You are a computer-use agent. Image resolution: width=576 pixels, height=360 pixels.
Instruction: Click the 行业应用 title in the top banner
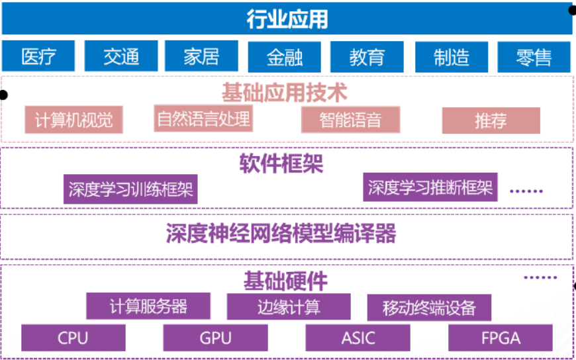click(x=287, y=19)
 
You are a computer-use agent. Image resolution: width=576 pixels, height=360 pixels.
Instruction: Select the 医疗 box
click(x=38, y=56)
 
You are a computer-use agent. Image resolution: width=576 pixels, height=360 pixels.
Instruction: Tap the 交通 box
click(x=121, y=56)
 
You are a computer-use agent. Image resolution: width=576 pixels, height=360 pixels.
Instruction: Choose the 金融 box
click(x=284, y=57)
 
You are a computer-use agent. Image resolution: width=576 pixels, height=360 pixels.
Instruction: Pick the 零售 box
click(x=534, y=57)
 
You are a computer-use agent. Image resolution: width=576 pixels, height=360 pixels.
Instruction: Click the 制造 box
click(x=452, y=57)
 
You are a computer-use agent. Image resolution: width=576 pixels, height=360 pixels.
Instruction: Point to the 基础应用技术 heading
click(x=284, y=92)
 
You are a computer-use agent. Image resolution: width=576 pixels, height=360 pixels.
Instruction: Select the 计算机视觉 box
click(x=74, y=120)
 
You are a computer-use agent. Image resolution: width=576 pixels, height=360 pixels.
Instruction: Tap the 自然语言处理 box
click(x=203, y=118)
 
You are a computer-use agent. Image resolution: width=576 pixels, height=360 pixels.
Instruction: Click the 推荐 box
click(x=491, y=120)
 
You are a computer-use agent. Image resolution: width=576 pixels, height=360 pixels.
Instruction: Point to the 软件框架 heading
click(x=281, y=163)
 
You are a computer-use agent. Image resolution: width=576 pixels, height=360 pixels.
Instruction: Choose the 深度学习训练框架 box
click(x=130, y=189)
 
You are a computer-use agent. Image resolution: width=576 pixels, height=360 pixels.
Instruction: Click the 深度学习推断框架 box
click(x=430, y=187)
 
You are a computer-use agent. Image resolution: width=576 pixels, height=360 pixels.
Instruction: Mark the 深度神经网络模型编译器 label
click(x=281, y=233)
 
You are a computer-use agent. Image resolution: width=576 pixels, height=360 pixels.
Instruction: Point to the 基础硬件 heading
click(x=285, y=281)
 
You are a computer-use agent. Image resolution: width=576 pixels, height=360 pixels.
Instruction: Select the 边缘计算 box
click(x=289, y=307)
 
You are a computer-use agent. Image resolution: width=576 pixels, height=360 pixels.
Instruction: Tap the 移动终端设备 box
click(x=429, y=308)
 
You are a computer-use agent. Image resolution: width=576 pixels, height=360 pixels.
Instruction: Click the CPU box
click(x=73, y=337)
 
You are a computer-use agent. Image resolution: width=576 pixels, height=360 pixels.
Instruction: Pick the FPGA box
click(x=501, y=337)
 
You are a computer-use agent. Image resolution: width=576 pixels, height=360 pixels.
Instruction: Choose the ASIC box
click(x=358, y=337)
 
